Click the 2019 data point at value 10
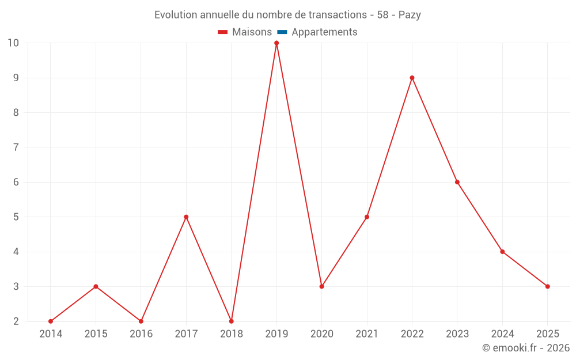click(x=276, y=43)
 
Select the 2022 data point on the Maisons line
click(x=412, y=78)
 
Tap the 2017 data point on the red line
click(x=186, y=217)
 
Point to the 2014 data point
click(x=51, y=321)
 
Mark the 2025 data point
click(x=548, y=286)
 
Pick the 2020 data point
click(x=321, y=286)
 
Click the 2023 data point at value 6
click(x=457, y=182)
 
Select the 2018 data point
click(x=232, y=321)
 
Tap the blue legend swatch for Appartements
click(x=282, y=32)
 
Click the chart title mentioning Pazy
click(x=287, y=15)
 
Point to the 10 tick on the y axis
click(x=13, y=43)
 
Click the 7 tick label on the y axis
click(x=16, y=147)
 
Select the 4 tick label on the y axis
click(x=16, y=252)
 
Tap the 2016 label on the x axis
click(x=141, y=334)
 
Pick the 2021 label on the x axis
click(x=367, y=334)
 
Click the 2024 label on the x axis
click(x=502, y=334)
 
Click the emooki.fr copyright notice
click(x=526, y=348)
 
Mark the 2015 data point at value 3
click(x=96, y=286)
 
